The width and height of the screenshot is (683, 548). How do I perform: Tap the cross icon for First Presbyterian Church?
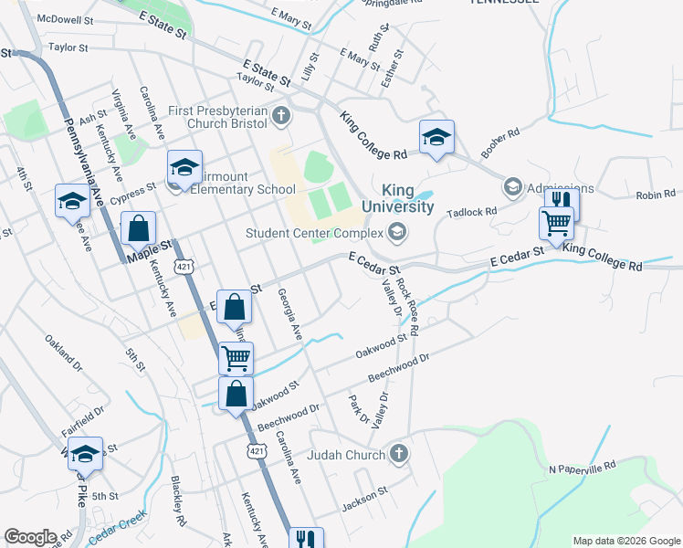[x=281, y=116]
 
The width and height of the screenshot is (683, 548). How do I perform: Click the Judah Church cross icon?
[x=398, y=454]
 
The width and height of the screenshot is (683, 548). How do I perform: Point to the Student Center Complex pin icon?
[x=395, y=233]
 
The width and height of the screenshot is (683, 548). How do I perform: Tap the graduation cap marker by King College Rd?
[x=436, y=138]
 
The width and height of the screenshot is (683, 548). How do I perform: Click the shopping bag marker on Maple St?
[x=138, y=228]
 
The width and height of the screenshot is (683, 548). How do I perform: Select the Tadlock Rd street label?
[x=471, y=212]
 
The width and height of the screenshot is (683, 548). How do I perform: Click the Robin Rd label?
[x=656, y=195]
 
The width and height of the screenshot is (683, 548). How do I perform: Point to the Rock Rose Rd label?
[x=408, y=308]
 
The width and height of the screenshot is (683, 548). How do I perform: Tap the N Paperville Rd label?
[x=583, y=468]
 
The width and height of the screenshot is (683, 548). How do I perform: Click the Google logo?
[x=30, y=537]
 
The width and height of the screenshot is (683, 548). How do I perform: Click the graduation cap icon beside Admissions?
[x=512, y=188]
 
